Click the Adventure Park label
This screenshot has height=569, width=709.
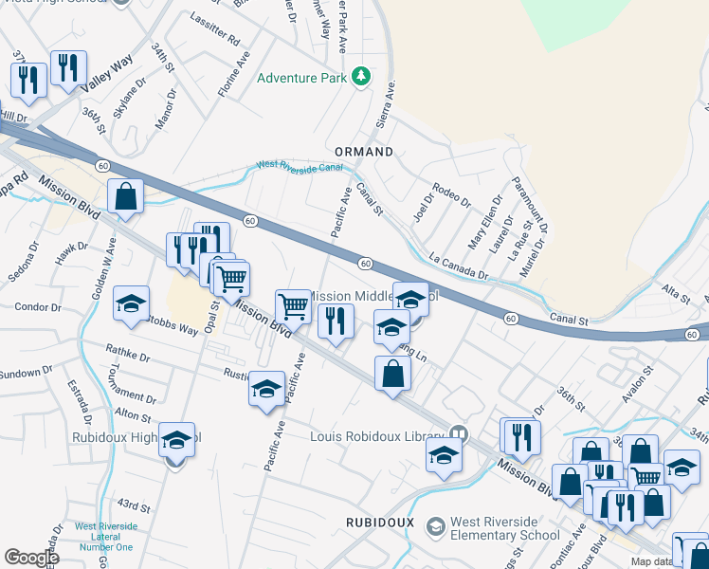302,78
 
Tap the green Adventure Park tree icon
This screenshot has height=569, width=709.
360,76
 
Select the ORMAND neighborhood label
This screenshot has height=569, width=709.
364,152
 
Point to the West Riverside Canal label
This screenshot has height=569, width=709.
298,168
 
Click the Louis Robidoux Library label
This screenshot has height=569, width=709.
378,436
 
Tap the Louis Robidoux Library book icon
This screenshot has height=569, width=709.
460,433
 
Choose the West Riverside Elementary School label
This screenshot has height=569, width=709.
504,528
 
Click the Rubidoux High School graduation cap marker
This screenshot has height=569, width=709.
176,440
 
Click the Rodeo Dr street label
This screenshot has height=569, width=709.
451,196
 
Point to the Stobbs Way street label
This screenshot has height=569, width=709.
173,326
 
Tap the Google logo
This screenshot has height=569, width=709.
31,558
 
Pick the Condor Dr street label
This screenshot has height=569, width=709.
38,306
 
